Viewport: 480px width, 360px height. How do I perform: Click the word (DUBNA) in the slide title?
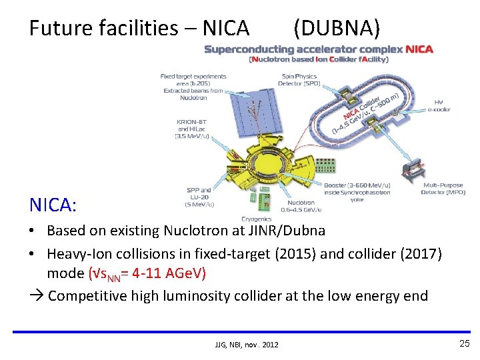pos(337,28)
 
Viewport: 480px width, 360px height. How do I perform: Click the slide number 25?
pos(464,343)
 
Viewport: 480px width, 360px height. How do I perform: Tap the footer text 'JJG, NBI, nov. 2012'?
pos(247,345)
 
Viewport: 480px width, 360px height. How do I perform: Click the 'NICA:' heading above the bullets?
pos(53,205)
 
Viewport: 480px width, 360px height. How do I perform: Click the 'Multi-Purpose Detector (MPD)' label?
pos(443,189)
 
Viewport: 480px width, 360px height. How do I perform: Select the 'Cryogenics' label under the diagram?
pos(257,218)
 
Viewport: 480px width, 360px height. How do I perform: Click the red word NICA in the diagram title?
pos(419,49)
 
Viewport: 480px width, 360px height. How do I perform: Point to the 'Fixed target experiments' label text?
pos(193,77)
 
